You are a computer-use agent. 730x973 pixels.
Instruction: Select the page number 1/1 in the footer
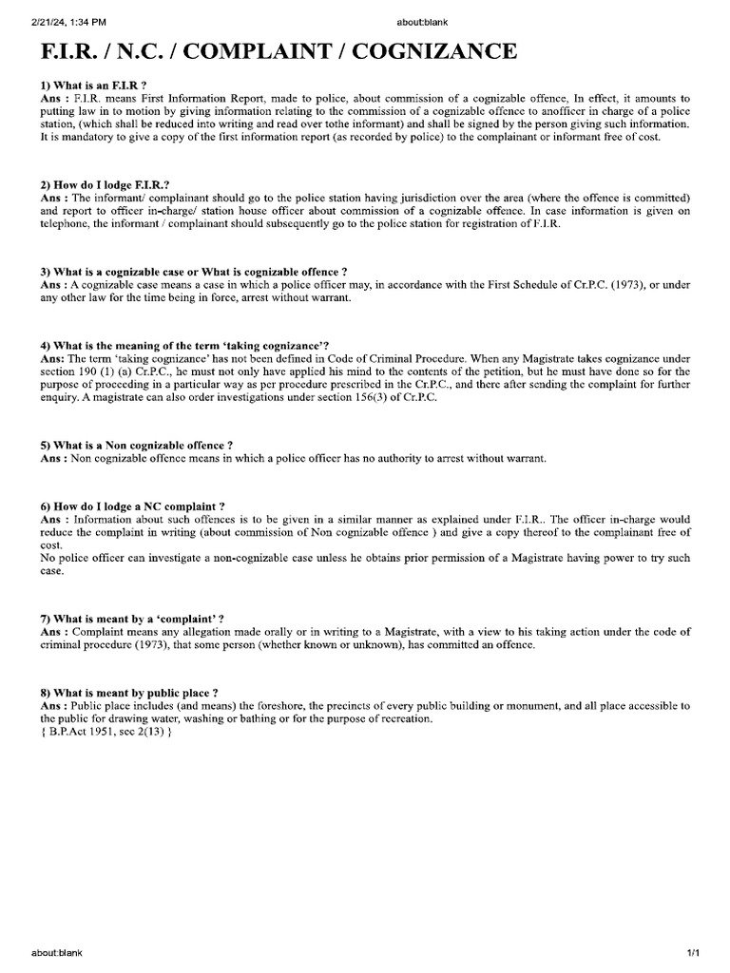693,952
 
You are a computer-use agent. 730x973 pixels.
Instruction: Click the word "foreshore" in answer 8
259,706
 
